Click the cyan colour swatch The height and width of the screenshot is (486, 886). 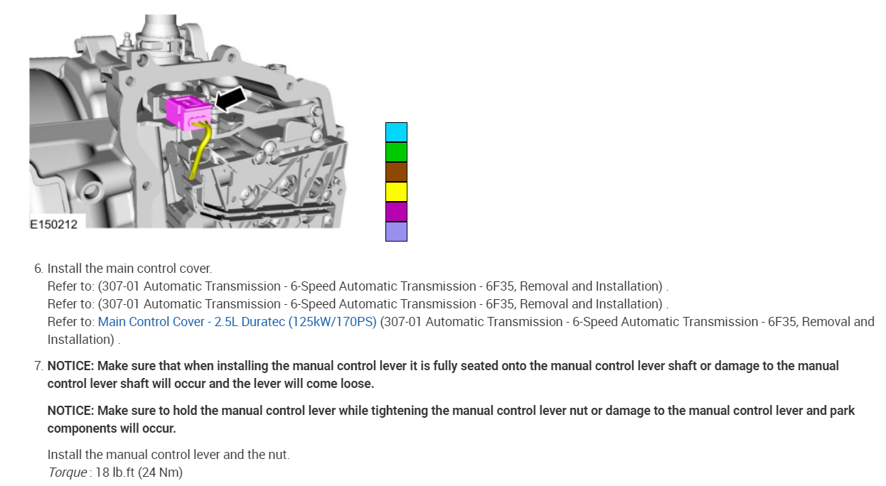[396, 132]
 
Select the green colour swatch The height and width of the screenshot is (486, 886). [396, 152]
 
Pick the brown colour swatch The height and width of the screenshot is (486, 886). [396, 172]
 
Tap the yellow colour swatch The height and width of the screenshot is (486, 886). [396, 192]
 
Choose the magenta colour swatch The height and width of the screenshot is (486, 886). [396, 212]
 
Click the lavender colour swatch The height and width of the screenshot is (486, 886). [396, 232]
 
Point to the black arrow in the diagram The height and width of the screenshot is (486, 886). [230, 98]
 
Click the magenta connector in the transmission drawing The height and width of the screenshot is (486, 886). [186, 113]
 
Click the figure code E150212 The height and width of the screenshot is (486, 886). [53, 224]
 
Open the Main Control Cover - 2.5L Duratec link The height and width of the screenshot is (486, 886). [237, 322]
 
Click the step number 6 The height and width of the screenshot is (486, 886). [38, 269]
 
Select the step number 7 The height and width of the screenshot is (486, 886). [38, 366]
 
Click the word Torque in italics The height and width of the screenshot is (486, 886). [67, 472]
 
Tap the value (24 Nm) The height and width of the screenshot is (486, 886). [163, 472]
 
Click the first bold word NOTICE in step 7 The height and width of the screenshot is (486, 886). [69, 366]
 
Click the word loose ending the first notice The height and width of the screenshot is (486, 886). [356, 384]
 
